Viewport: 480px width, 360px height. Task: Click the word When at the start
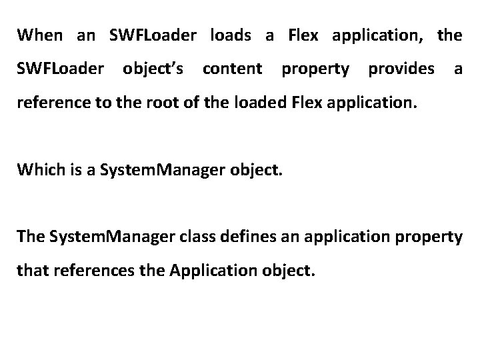pyautogui.click(x=40, y=35)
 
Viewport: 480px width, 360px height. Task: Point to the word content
pyautogui.click(x=231, y=68)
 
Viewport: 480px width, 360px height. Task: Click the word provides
pyautogui.click(x=402, y=68)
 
